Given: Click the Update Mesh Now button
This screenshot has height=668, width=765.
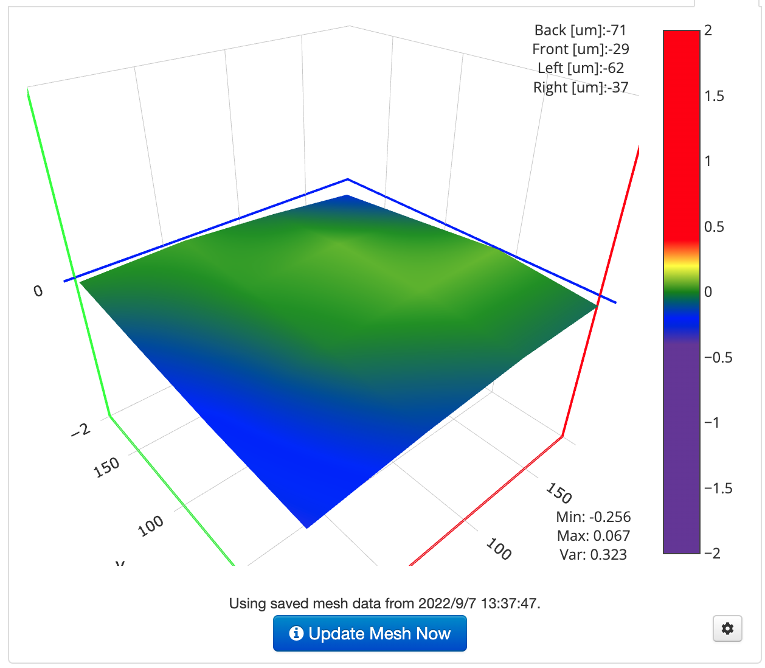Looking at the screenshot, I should pyautogui.click(x=370, y=633).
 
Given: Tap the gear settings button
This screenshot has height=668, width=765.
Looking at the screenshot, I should pyautogui.click(x=727, y=628).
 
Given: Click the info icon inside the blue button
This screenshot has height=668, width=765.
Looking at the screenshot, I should pyautogui.click(x=296, y=633).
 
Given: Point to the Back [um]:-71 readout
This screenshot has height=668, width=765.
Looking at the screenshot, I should pyautogui.click(x=580, y=30).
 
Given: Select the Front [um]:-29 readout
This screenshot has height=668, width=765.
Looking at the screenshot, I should pyautogui.click(x=580, y=49).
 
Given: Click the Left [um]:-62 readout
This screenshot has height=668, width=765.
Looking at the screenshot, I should pyautogui.click(x=580, y=68).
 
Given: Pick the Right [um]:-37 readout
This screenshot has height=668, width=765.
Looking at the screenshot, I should pyautogui.click(x=580, y=87).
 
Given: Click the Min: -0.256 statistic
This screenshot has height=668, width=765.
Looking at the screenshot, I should pyautogui.click(x=593, y=517).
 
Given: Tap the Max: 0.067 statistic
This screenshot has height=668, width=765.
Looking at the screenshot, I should pyautogui.click(x=593, y=535).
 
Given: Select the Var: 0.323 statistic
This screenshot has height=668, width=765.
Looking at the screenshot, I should pyautogui.click(x=593, y=554).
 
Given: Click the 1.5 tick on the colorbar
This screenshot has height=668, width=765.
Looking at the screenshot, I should pyautogui.click(x=714, y=96).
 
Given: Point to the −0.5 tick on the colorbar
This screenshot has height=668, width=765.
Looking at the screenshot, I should pyautogui.click(x=718, y=357).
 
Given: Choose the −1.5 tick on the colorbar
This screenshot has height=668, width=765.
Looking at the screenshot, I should pyautogui.click(x=718, y=488).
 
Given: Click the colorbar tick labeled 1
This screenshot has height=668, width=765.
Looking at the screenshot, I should pyautogui.click(x=708, y=161).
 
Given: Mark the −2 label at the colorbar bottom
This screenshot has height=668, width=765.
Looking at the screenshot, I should pyautogui.click(x=712, y=553).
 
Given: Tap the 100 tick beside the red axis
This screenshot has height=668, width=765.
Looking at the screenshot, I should pyautogui.click(x=499, y=549).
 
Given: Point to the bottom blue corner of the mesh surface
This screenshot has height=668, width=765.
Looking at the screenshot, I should pyautogui.click(x=307, y=526).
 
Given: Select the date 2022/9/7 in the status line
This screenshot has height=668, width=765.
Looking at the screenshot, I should pyautogui.click(x=448, y=604).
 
